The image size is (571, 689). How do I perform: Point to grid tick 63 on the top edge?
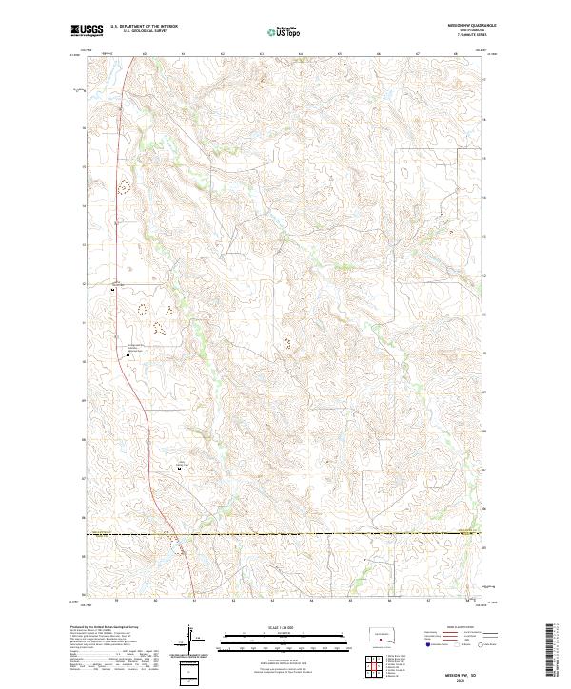click(222, 55)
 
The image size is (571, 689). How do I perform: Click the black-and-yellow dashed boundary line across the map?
click(285, 534)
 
